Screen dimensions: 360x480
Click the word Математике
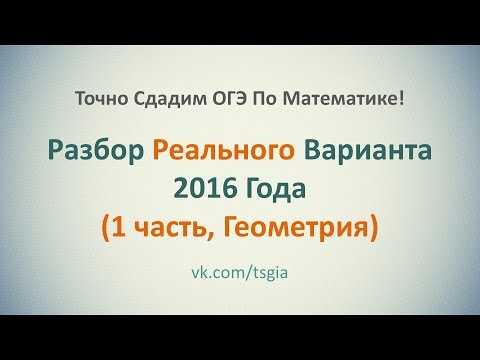335,97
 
